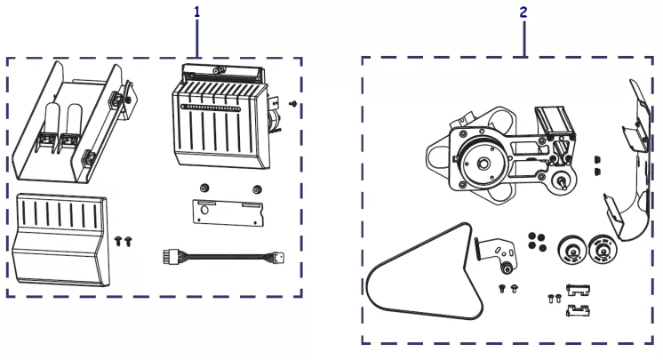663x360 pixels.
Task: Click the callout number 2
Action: coord(523,13)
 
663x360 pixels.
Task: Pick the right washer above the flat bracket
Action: coord(257,188)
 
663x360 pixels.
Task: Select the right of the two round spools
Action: coord(603,249)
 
